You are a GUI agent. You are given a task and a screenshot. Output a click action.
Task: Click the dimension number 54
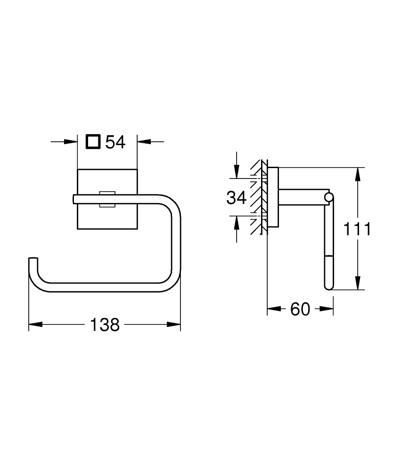115,141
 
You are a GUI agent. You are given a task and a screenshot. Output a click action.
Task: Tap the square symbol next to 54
93,141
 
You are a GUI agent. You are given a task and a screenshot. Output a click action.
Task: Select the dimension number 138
105,325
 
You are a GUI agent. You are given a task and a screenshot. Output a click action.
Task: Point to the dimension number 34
237,198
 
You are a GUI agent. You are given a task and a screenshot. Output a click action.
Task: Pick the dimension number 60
300,309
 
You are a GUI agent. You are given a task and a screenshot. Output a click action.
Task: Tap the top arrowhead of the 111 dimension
358,174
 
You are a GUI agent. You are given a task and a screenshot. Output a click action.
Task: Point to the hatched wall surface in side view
257,198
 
